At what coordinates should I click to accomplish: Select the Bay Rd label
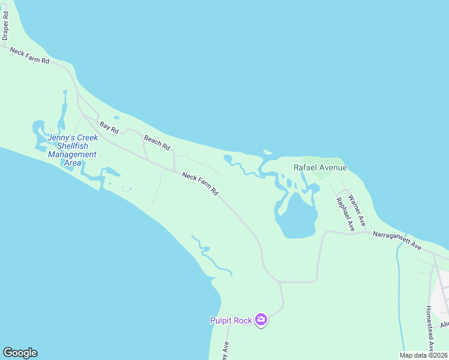pos(109,127)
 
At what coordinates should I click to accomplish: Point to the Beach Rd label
pos(157,143)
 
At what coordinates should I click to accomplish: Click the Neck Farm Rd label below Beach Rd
pos(200,184)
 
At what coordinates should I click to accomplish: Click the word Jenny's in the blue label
pos(59,136)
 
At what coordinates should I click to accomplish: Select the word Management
pos(72,154)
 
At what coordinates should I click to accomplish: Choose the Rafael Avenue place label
pos(320,167)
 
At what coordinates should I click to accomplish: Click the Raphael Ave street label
pos(345,214)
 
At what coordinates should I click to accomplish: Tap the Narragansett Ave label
pos(397,241)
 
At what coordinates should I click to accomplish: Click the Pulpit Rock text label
pos(231,320)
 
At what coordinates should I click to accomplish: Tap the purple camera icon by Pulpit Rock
pos(261,320)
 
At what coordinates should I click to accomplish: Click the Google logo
pos(20,353)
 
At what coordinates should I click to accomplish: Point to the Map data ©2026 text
pos(423,355)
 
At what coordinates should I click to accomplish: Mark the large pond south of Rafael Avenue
pos(297,217)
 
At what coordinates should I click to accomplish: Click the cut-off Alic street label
pos(444,324)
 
